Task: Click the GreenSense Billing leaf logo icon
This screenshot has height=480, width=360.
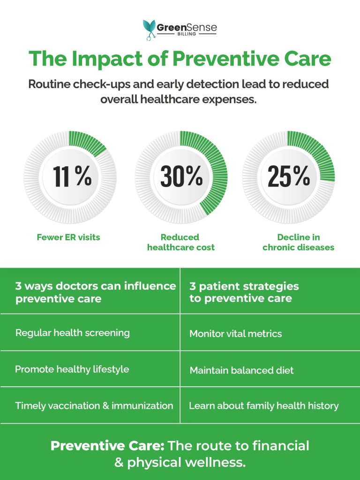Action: pyautogui.click(x=150, y=29)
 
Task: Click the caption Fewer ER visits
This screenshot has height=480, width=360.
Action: pyautogui.click(x=68, y=237)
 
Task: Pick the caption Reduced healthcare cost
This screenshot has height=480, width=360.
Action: pyautogui.click(x=180, y=242)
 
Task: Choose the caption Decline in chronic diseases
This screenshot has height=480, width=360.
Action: pyautogui.click(x=298, y=242)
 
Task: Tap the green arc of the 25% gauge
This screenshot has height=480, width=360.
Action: pyautogui.click(x=319, y=155)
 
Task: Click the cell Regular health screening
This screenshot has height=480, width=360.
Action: pyautogui.click(x=72, y=333)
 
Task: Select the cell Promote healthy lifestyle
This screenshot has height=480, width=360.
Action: pyautogui.click(x=72, y=369)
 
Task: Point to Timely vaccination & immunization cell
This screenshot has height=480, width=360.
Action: pyautogui.click(x=94, y=406)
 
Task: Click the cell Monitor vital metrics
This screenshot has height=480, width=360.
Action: pyautogui.click(x=235, y=334)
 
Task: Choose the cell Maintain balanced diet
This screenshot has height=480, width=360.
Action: pyautogui.click(x=241, y=370)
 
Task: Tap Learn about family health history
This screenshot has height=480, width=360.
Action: pyautogui.click(x=263, y=406)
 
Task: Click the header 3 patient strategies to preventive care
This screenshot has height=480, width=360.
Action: pyautogui.click(x=244, y=292)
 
